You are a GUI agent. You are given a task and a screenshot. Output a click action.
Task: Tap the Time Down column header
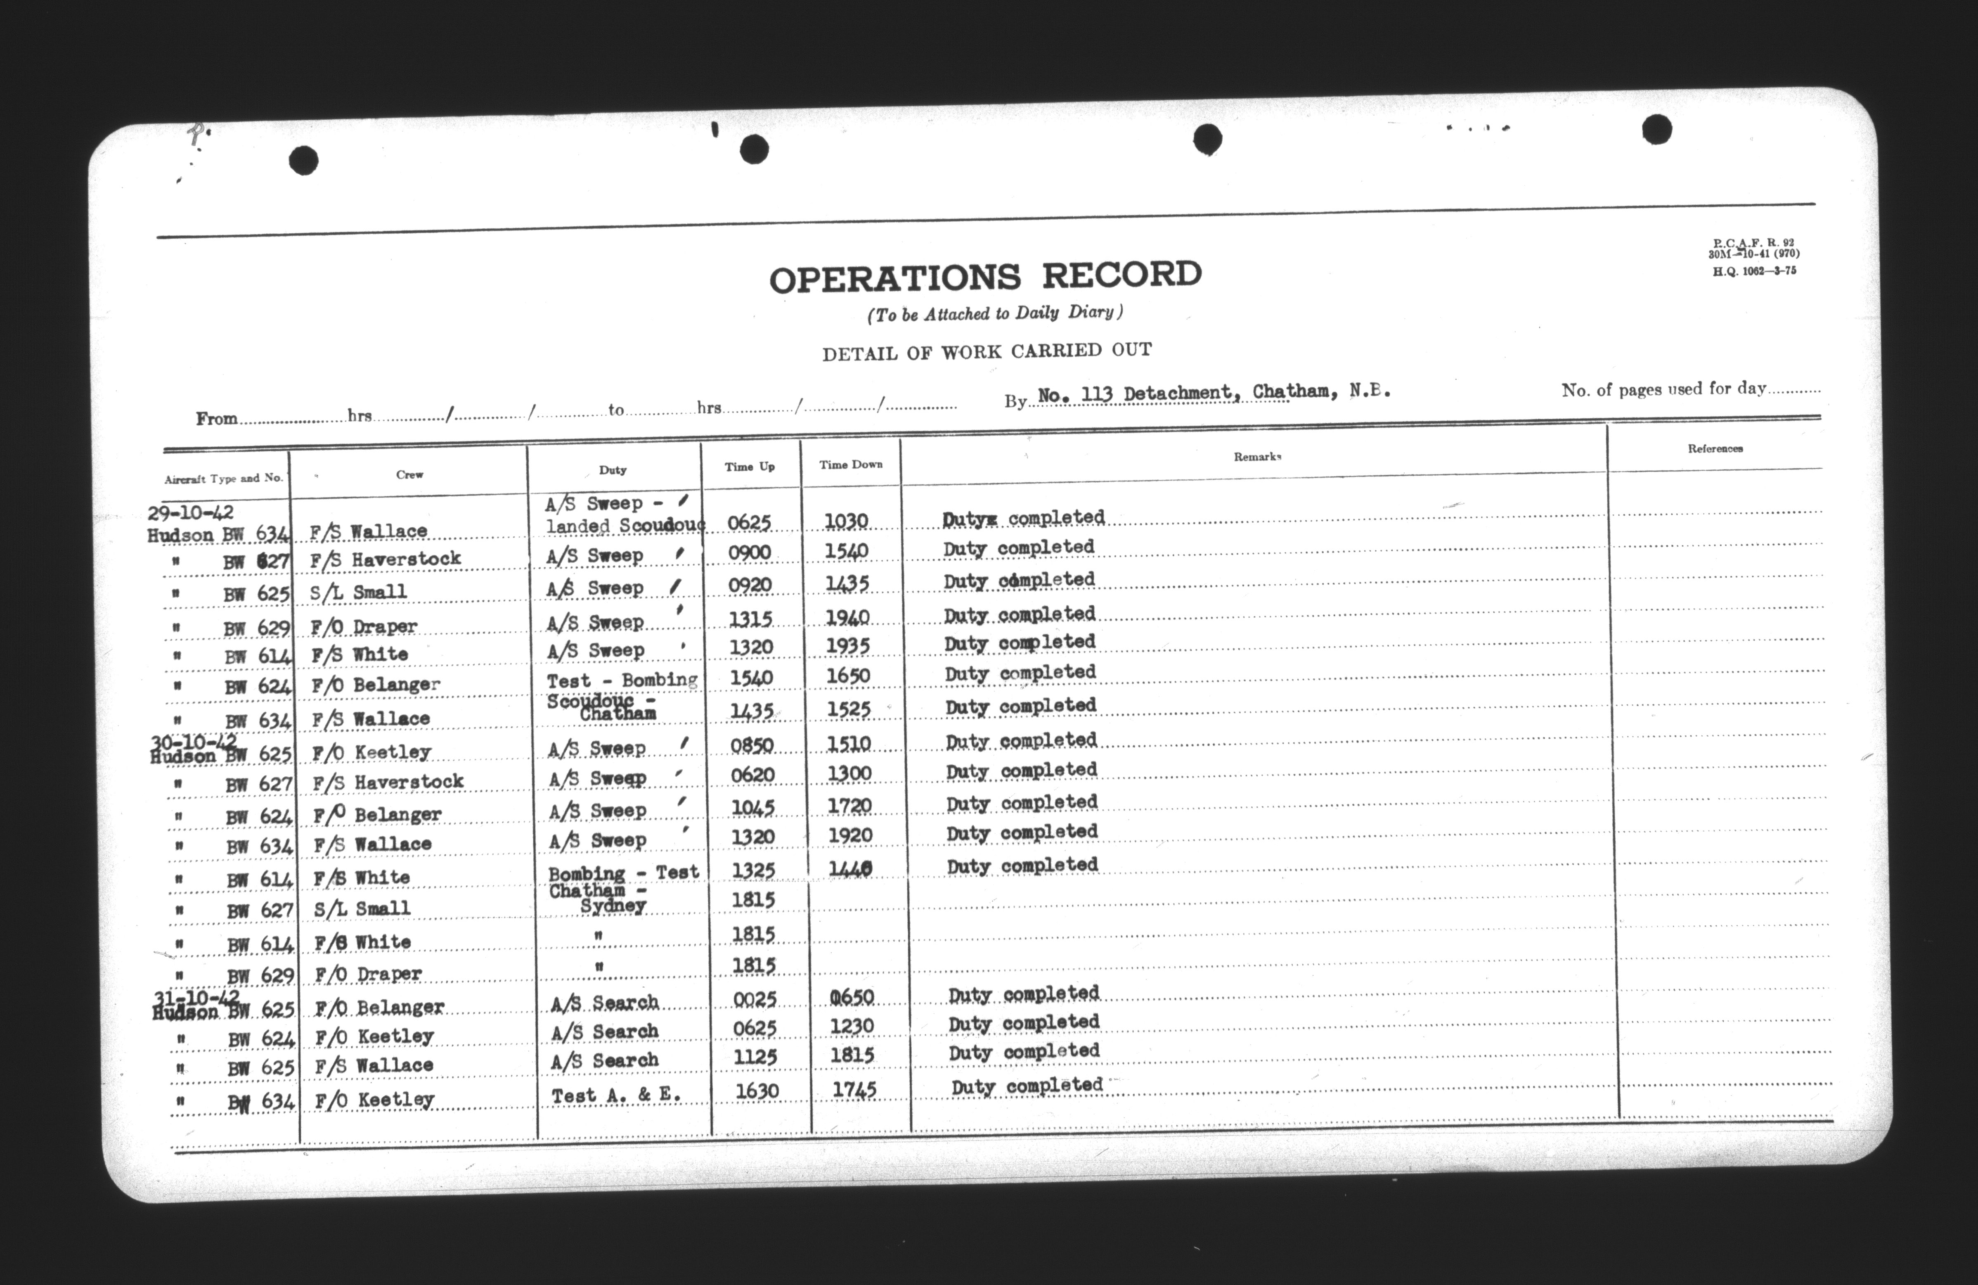[x=850, y=465]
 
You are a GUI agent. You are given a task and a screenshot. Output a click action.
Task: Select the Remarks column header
[x=1256, y=457]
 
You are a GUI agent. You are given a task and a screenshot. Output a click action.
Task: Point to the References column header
[x=1715, y=449]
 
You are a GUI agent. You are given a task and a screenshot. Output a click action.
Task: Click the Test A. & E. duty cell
[x=616, y=1095]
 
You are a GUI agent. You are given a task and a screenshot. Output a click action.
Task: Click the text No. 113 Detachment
[x=1134, y=393]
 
